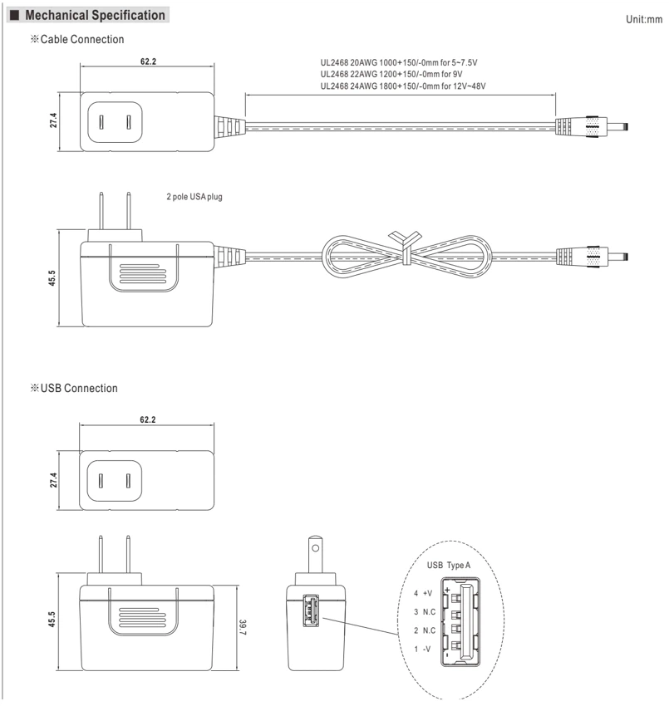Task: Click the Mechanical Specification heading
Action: coord(95,15)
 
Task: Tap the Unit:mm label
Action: coord(644,19)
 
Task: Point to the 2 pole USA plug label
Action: coord(194,197)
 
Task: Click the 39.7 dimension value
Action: coord(243,627)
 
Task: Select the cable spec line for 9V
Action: coord(391,74)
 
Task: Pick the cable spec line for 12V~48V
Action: coord(403,86)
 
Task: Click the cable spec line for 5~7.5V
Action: coord(399,62)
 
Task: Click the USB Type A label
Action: coord(448,565)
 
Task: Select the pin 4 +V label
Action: coord(423,593)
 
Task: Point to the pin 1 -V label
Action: coord(422,650)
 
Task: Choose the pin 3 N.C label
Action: coord(425,612)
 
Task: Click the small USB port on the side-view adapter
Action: coord(311,610)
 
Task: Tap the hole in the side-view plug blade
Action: coord(315,548)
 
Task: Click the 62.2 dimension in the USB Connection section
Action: coord(147,419)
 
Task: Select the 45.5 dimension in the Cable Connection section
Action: coord(52,278)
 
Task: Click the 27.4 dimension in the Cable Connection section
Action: coord(53,120)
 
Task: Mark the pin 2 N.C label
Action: coord(425,630)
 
